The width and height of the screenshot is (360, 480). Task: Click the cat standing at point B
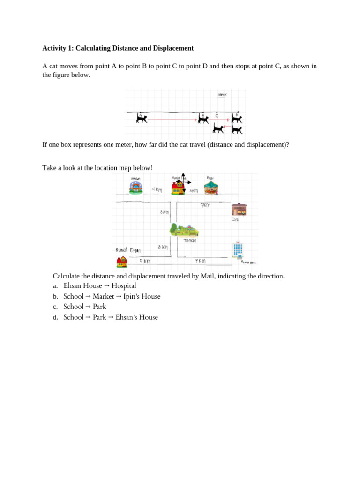pyautogui.click(x=203, y=119)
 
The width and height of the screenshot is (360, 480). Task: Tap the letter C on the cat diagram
pyautogui.click(x=217, y=115)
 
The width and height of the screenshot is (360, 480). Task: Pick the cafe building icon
pyautogui.click(x=239, y=209)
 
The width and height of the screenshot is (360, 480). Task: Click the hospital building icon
pyautogui.click(x=238, y=250)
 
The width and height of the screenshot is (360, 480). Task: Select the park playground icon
pyautogui.click(x=184, y=230)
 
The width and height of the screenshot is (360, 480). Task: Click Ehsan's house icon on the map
pyautogui.click(x=122, y=262)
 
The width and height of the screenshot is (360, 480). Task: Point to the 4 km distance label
pyautogui.click(x=157, y=189)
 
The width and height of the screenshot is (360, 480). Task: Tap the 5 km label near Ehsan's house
pyautogui.click(x=145, y=261)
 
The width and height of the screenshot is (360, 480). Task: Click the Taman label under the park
pyautogui.click(x=190, y=240)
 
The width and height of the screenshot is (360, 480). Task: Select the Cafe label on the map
pyautogui.click(x=235, y=219)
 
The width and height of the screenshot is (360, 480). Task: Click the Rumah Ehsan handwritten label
pyautogui.click(x=128, y=250)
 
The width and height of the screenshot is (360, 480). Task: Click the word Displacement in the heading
pyautogui.click(x=172, y=48)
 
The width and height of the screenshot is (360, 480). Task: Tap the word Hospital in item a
pyautogui.click(x=124, y=286)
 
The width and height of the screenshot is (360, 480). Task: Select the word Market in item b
pyautogui.click(x=104, y=296)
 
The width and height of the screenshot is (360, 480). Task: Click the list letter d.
pyautogui.click(x=55, y=317)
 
